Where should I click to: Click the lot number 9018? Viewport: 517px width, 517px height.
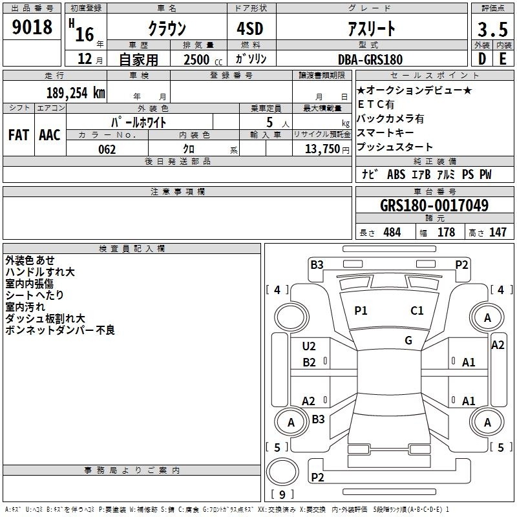click(32, 26)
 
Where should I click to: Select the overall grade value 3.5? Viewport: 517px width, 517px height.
click(492, 29)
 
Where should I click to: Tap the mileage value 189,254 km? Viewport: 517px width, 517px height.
click(76, 93)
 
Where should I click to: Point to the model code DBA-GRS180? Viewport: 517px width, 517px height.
click(370, 59)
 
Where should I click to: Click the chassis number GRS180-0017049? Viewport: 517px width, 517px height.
click(434, 206)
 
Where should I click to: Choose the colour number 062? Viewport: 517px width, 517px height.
click(107, 149)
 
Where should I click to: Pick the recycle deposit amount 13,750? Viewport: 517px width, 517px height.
click(322, 149)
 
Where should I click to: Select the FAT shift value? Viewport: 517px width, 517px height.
click(19, 135)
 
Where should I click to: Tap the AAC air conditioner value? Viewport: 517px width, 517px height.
click(50, 135)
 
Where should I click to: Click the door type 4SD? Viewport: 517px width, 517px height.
click(250, 28)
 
